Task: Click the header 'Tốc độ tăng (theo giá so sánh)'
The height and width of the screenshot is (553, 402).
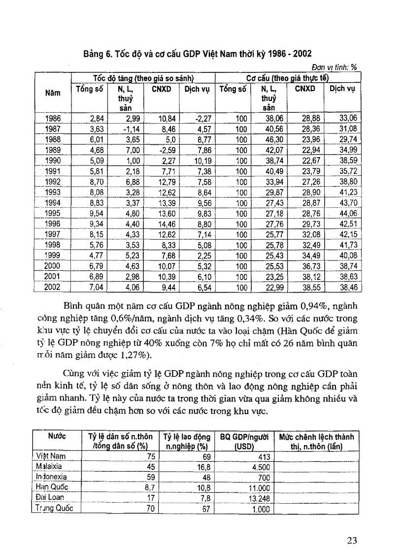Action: coord(142,78)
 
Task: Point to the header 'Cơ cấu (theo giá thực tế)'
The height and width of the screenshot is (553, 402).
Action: coord(288,78)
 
